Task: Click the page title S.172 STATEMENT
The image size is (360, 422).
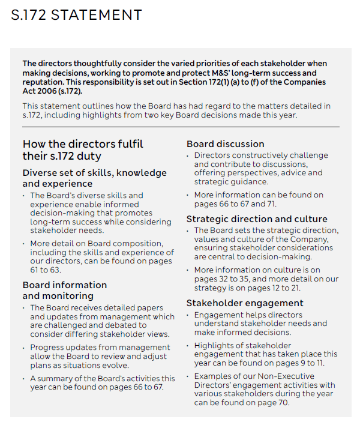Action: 76,15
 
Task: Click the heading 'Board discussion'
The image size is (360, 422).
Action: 225,144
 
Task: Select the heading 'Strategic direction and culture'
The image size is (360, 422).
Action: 257,219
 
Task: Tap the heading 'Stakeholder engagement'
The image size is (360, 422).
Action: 245,303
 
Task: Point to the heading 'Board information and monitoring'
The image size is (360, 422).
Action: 65,290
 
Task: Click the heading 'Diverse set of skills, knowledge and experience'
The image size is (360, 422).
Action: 94,178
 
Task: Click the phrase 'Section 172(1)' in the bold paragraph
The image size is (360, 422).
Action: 253,82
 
